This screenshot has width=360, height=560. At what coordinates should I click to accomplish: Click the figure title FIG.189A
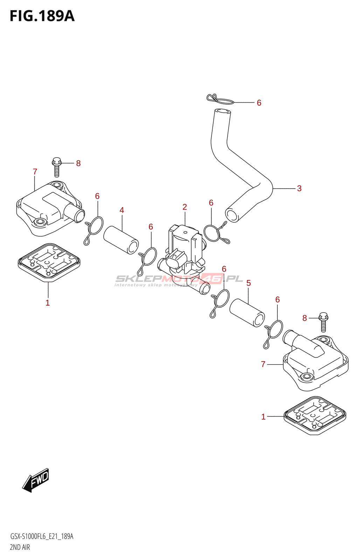coord(42,16)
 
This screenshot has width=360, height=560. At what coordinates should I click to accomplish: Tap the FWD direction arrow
coord(36,480)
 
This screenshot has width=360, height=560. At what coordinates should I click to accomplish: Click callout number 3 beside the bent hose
coord(299,188)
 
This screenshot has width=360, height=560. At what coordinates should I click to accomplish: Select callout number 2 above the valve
coord(185,207)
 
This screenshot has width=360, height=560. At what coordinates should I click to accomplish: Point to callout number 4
coord(122,210)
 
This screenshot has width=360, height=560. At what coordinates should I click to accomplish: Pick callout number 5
coord(248,283)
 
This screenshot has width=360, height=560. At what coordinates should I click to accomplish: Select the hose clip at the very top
coord(220,99)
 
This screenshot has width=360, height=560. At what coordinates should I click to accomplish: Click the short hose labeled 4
coord(121,240)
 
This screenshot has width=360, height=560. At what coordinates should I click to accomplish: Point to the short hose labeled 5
coord(247,313)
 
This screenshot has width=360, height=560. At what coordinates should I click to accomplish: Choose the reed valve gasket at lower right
coord(314,415)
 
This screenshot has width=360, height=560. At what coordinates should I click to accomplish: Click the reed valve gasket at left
coord(49,262)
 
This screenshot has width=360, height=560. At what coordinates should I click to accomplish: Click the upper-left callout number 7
coord(35,171)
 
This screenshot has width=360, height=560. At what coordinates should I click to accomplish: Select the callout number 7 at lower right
coord(263,364)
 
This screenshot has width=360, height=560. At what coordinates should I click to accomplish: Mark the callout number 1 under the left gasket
coord(48,303)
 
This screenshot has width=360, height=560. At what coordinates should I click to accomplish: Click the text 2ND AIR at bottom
coord(20,547)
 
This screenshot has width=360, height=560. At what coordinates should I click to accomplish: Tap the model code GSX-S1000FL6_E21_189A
coord(42,537)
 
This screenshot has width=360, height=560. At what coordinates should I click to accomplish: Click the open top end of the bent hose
coord(222,112)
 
